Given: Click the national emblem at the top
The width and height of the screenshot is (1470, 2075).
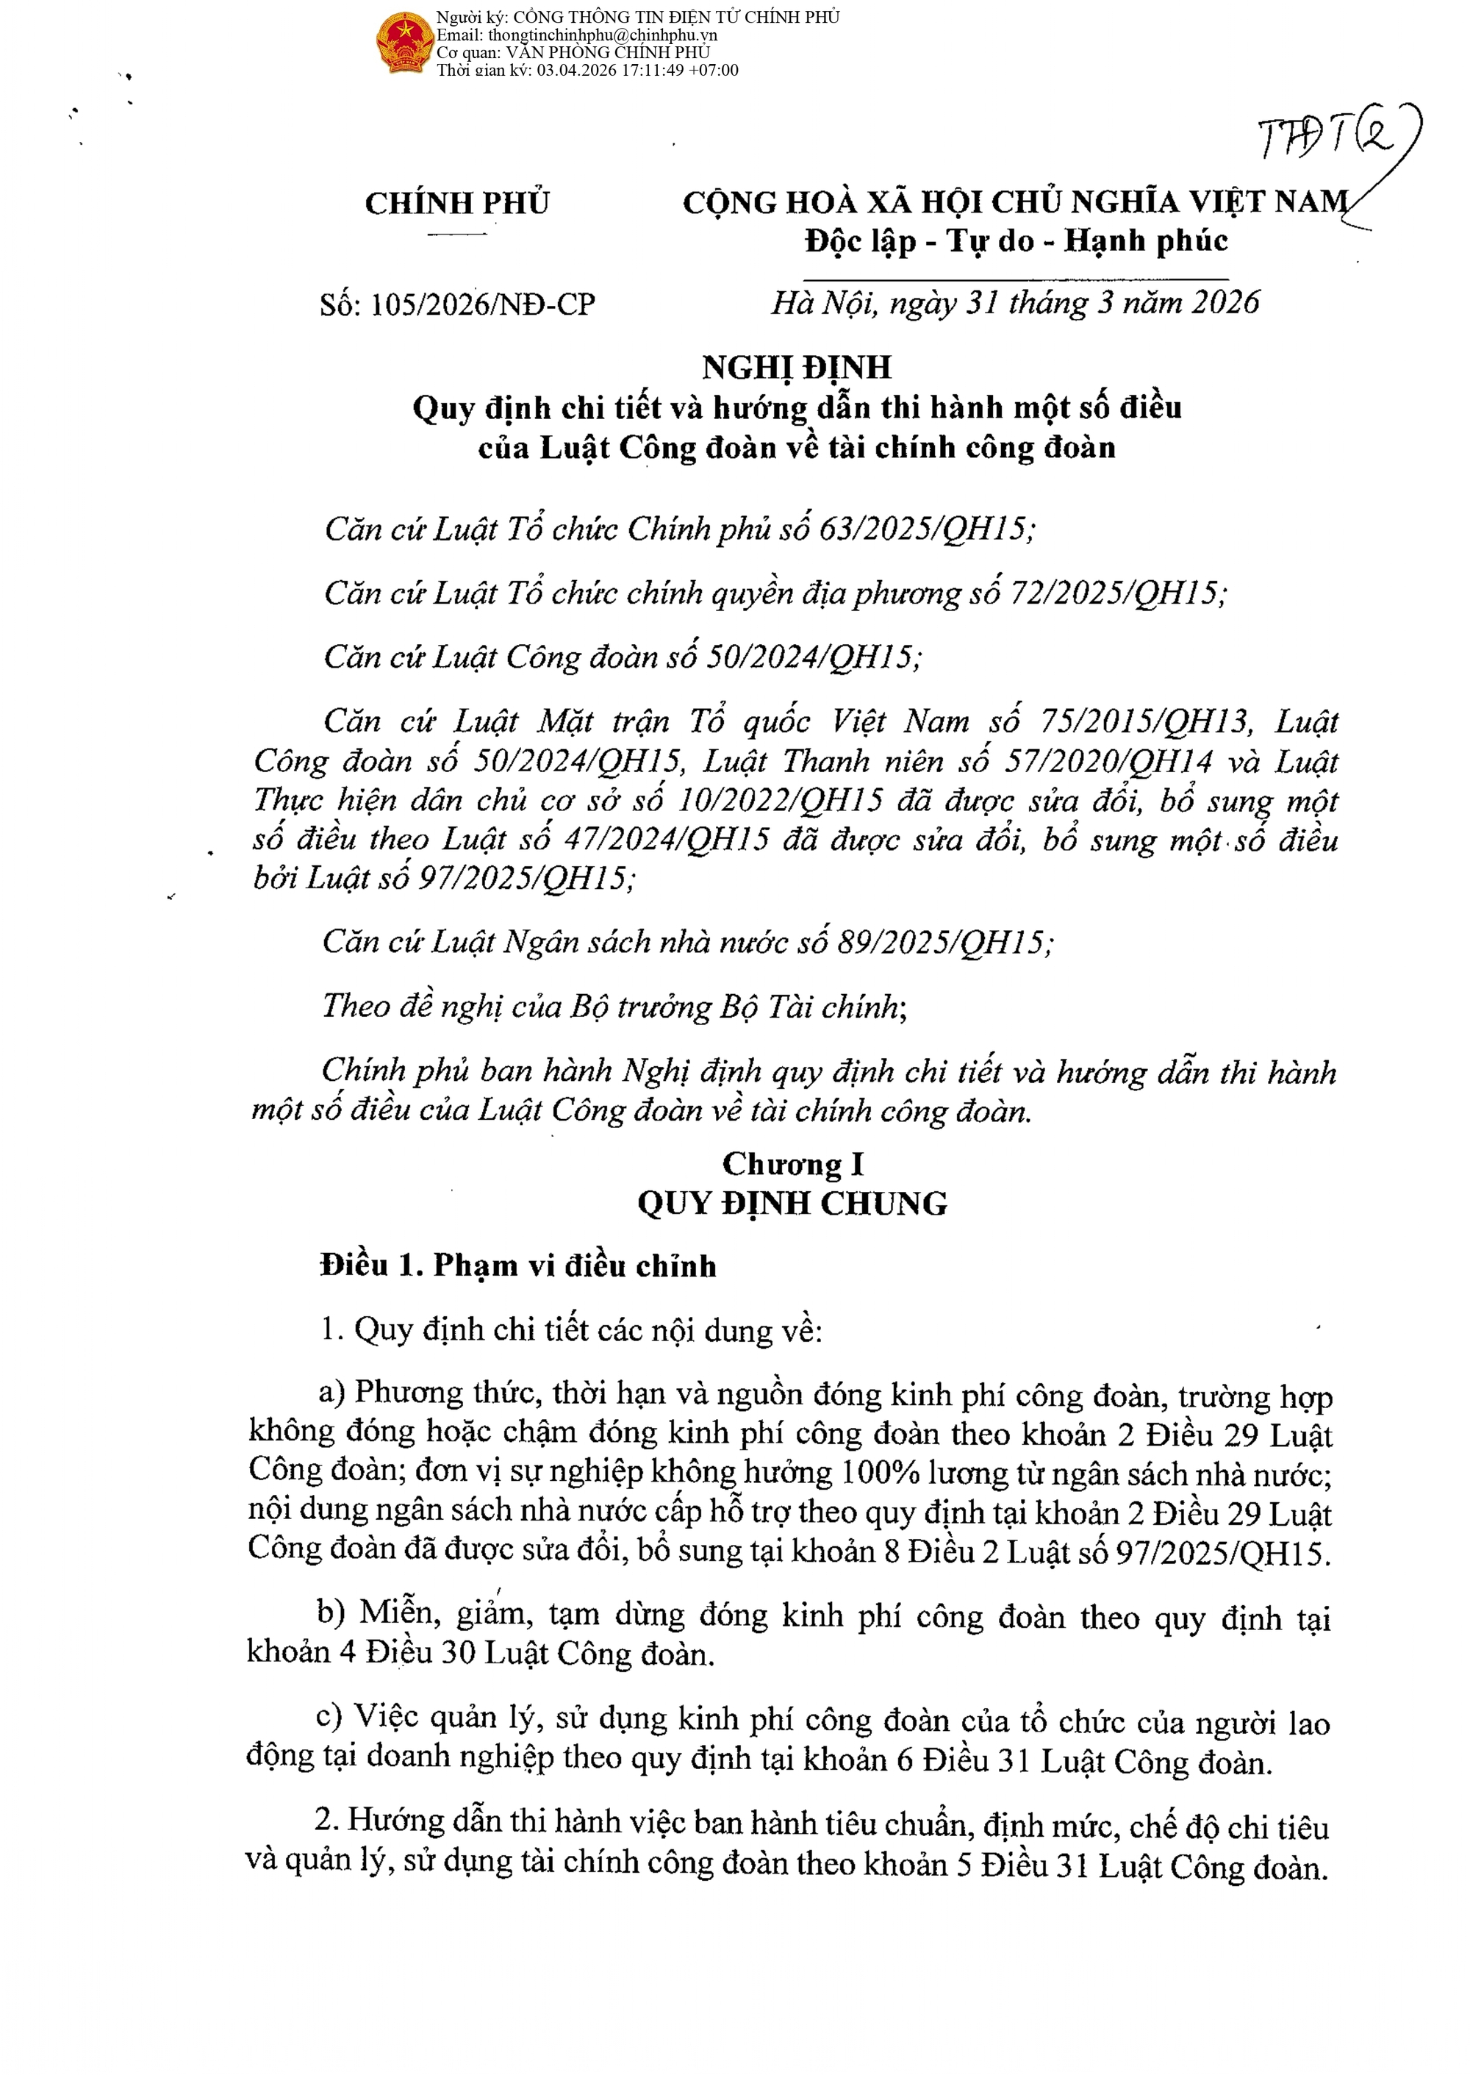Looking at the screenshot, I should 404,43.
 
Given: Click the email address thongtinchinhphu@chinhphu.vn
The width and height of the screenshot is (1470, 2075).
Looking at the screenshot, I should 602,35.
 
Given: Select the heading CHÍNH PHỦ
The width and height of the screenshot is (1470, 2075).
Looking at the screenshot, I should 457,203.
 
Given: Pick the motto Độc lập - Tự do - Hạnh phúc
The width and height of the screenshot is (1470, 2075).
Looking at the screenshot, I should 1016,242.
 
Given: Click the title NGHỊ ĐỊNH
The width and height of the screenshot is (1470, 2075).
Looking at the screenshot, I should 797,367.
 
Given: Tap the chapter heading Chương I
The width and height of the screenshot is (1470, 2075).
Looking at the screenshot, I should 793,1164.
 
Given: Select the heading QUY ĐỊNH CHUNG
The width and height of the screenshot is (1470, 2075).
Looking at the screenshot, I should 792,1204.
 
